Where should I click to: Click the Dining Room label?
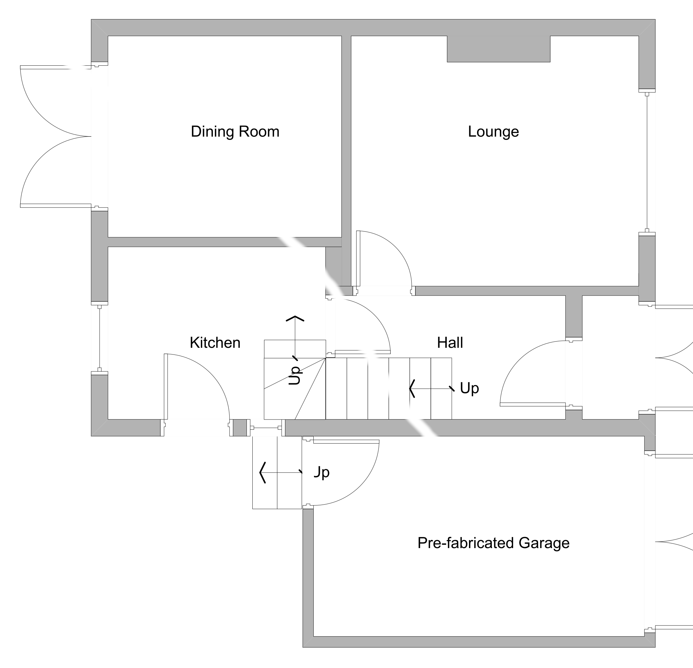(x=235, y=132)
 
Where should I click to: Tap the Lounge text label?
(x=493, y=132)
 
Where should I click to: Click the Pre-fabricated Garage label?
(x=493, y=543)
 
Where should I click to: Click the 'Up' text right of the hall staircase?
(x=469, y=388)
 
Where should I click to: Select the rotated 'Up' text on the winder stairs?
(x=295, y=375)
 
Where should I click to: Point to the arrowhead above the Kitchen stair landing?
(x=295, y=318)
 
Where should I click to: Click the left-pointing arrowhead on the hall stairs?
(x=412, y=388)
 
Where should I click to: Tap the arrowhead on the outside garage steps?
(x=262, y=473)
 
